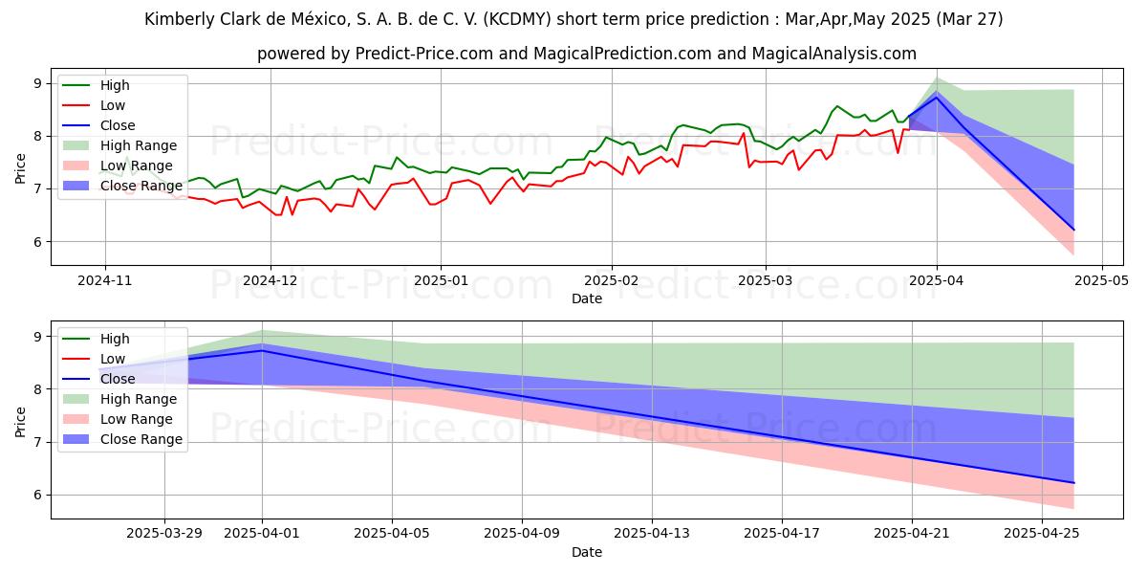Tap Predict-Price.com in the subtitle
coord(418,55)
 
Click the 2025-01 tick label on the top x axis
coord(441,281)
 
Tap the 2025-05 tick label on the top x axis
coord(1103,281)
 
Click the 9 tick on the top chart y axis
coord(37,83)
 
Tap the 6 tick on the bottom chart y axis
coord(37,495)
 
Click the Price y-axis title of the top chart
coord(20,168)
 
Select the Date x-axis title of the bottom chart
coord(587,552)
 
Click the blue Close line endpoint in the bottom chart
coord(1073,483)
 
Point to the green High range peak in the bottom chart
coord(262,330)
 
